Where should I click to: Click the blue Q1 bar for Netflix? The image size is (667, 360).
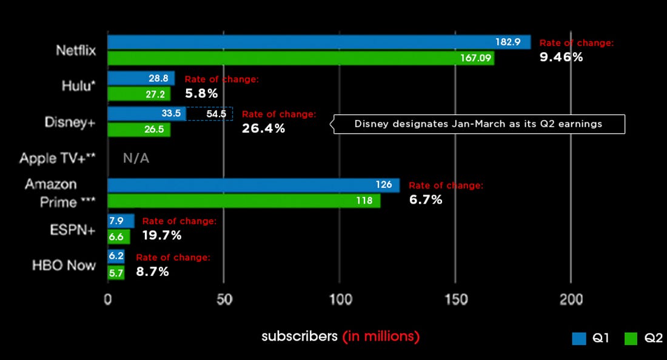click(303, 42)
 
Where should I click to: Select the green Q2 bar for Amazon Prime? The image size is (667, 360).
click(243, 201)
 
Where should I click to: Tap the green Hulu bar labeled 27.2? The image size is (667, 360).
click(138, 94)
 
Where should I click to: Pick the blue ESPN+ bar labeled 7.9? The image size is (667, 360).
click(120, 220)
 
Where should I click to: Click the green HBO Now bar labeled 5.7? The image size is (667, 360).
click(116, 273)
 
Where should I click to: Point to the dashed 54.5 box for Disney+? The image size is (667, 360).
click(210, 114)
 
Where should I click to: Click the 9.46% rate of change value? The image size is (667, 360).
click(561, 57)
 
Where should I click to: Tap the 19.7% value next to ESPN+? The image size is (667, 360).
click(161, 235)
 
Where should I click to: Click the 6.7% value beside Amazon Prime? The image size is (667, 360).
click(426, 199)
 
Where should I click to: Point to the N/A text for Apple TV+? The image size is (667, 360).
click(136, 158)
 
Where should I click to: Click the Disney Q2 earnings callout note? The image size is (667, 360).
click(479, 124)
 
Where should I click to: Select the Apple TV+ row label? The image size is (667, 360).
click(58, 159)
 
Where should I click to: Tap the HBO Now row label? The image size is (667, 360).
click(64, 265)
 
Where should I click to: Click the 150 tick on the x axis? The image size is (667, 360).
click(455, 299)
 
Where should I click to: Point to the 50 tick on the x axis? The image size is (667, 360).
click(224, 299)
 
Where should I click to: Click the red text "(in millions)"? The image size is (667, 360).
click(381, 336)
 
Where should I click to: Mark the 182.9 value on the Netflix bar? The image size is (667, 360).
click(512, 42)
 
